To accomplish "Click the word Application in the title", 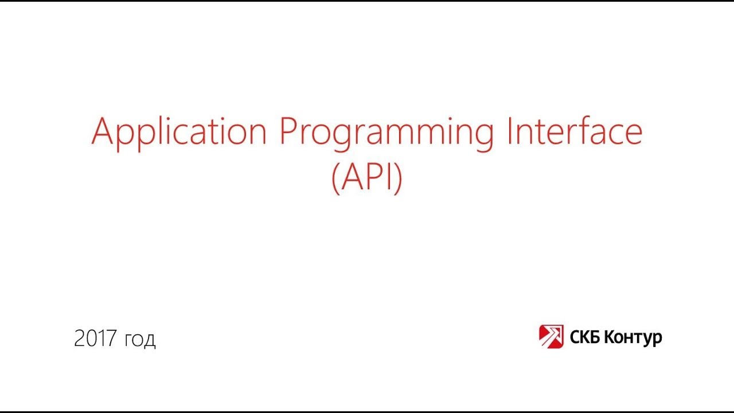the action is pyautogui.click(x=179, y=133).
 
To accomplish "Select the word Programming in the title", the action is pyautogui.click(x=386, y=133).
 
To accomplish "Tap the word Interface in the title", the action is pyautogui.click(x=574, y=131).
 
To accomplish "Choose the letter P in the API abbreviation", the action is pyautogui.click(x=374, y=178).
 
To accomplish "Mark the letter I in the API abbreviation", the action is pyautogui.click(x=388, y=178).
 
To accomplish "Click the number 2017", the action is pyautogui.click(x=96, y=339).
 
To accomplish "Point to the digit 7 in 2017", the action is pyautogui.click(x=112, y=339).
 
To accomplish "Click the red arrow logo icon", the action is pyautogui.click(x=551, y=337).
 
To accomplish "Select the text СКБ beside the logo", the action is pyautogui.click(x=584, y=337).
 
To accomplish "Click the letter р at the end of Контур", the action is pyautogui.click(x=658, y=339).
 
